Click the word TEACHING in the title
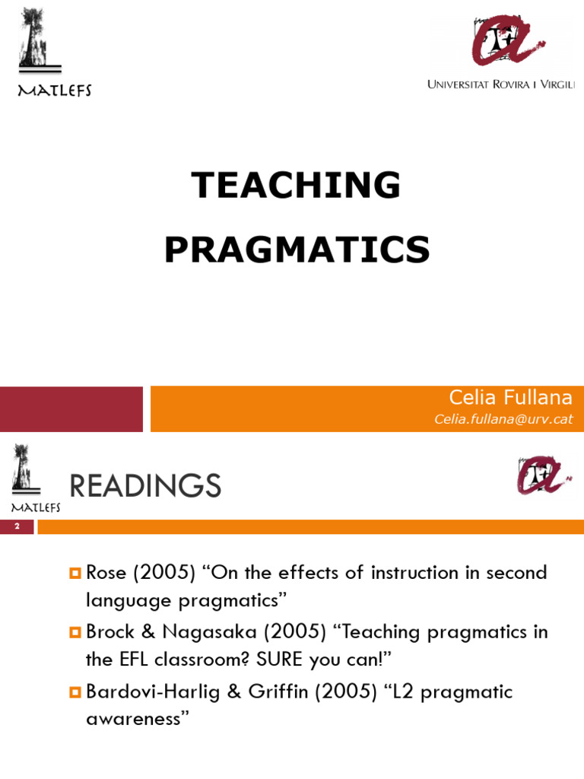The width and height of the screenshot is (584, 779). coord(296,185)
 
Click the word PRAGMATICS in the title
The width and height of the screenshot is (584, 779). coord(297,250)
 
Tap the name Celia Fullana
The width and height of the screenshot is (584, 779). coord(510,397)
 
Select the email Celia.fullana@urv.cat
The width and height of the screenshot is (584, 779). coord(503,419)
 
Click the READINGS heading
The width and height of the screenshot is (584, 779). coord(145,486)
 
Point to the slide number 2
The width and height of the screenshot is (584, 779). coord(17,526)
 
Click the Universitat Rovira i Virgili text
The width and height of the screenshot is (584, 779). coord(500,84)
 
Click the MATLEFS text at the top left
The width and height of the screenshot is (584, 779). coord(54,91)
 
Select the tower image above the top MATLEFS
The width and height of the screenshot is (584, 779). coord(35,38)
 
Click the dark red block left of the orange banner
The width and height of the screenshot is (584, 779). coord(71,409)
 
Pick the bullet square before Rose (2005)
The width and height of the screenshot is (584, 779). coord(75,572)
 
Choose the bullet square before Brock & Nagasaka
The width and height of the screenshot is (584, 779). coord(75,632)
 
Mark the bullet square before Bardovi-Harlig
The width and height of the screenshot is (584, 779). coord(75,692)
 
